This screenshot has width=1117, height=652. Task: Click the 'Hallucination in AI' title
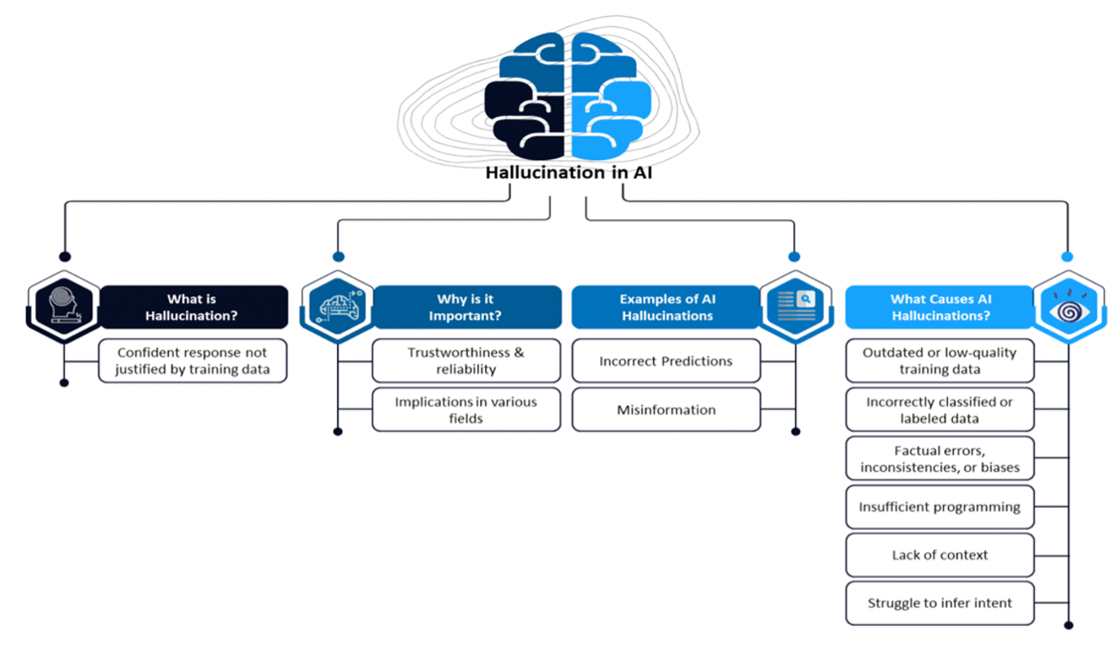(x=569, y=172)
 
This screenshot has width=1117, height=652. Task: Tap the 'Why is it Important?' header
(x=467, y=307)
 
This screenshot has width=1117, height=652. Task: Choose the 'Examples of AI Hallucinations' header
(x=666, y=307)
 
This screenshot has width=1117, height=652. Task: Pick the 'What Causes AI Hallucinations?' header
(x=940, y=307)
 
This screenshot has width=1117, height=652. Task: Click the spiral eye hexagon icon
(x=1069, y=307)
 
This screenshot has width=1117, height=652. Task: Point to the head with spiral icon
(x=64, y=307)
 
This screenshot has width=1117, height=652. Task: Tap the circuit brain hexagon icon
(x=338, y=307)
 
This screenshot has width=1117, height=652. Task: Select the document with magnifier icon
(x=796, y=307)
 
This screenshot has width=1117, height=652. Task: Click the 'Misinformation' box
(x=666, y=410)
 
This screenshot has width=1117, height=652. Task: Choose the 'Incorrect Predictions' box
(x=666, y=361)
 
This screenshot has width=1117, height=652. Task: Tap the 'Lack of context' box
(x=940, y=555)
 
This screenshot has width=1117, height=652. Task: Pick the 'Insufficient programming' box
(x=940, y=507)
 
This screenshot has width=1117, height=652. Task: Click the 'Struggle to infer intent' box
(x=940, y=603)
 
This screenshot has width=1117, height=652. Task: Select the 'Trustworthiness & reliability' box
(x=466, y=361)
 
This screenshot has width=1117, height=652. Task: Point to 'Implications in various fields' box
(x=466, y=410)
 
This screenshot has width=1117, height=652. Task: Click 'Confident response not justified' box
(x=193, y=361)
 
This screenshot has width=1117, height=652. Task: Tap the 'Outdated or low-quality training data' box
(x=940, y=361)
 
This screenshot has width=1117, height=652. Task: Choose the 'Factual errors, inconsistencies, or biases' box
(x=940, y=459)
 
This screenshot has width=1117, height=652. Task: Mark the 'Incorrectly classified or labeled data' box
(x=940, y=410)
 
